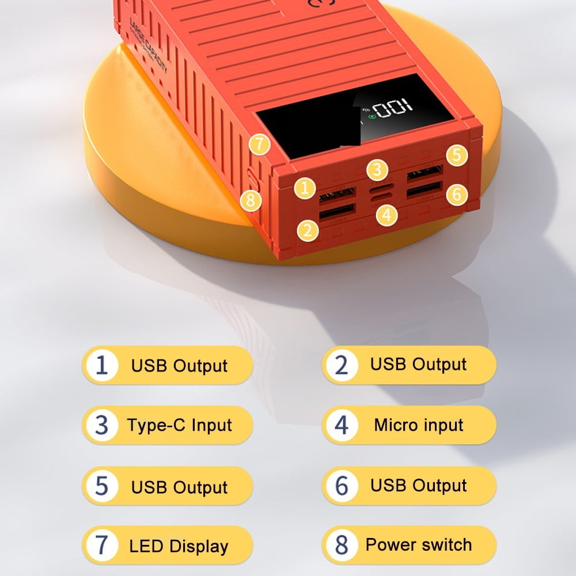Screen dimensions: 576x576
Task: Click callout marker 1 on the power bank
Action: [305, 187]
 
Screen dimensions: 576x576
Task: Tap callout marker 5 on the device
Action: [456, 155]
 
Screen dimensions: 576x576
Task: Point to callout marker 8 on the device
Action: [249, 200]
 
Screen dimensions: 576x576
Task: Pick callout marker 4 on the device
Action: [387, 215]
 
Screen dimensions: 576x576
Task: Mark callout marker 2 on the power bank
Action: [309, 230]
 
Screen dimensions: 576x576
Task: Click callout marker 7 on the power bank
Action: [260, 144]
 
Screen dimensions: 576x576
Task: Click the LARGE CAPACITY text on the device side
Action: [149, 46]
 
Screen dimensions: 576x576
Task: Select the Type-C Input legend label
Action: [180, 426]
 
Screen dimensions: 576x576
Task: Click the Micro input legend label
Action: [419, 425]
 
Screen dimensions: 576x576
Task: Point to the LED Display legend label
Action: [179, 546]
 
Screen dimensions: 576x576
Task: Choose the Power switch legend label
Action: [419, 544]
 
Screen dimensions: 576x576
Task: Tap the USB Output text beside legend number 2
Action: [419, 364]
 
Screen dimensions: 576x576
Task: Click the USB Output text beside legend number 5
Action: [180, 487]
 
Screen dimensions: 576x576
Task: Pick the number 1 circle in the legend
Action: [102, 365]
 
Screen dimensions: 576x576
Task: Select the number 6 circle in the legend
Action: [342, 486]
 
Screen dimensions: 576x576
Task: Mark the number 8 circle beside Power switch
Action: [342, 545]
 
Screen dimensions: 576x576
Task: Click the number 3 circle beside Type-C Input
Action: [102, 426]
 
